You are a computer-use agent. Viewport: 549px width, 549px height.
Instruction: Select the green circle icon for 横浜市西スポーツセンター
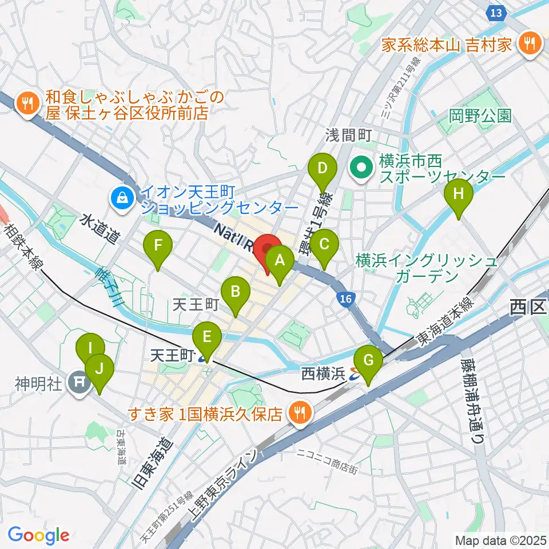tap(361, 168)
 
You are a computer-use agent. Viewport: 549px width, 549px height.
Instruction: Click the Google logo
tap(38, 535)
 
